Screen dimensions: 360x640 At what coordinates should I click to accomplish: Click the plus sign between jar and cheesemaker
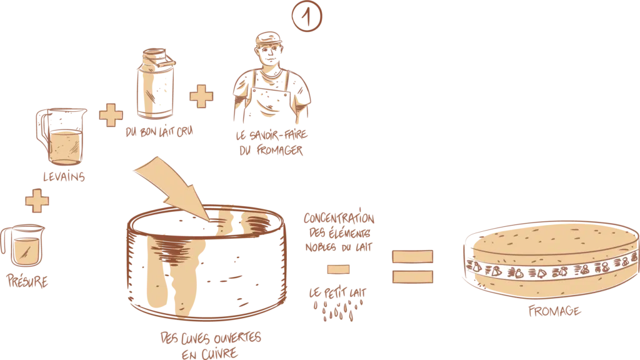(x=201, y=97)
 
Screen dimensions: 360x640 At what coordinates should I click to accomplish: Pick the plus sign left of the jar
(x=111, y=115)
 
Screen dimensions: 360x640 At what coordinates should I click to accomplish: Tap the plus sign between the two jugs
(x=37, y=202)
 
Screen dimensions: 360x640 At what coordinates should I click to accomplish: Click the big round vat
(x=206, y=269)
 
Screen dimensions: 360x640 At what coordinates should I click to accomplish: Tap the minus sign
(x=338, y=269)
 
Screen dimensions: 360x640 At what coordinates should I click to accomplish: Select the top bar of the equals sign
(x=412, y=255)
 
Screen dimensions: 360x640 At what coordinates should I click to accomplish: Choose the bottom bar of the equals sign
(x=412, y=276)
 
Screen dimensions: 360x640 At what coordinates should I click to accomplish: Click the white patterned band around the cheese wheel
(x=550, y=270)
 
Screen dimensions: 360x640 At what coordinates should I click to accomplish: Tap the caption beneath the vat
(x=212, y=344)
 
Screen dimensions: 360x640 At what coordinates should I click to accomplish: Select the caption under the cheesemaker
(x=270, y=142)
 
